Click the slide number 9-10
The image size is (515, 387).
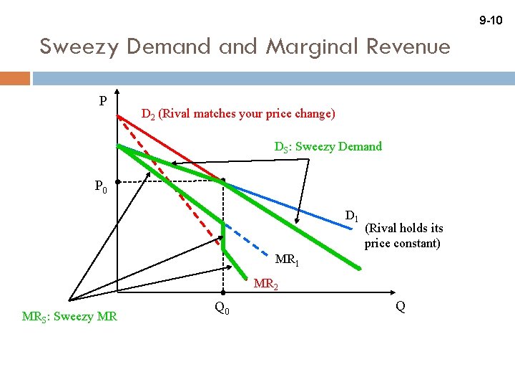click(x=491, y=21)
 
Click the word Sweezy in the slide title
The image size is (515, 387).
click(x=79, y=47)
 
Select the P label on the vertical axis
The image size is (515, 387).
click(x=103, y=101)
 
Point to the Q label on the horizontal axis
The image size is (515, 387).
click(x=401, y=307)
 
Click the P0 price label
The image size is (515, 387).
click(x=101, y=188)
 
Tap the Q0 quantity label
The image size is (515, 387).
click(x=222, y=308)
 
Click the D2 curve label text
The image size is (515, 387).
click(x=237, y=114)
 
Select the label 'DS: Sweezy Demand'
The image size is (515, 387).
click(x=328, y=147)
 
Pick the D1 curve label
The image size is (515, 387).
click(x=351, y=216)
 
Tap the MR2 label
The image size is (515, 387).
click(x=266, y=285)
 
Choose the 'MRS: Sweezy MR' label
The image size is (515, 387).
click(x=70, y=316)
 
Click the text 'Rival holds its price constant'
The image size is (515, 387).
click(x=403, y=236)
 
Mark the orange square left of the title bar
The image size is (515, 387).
click(x=15, y=77)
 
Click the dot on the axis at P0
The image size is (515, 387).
click(x=119, y=182)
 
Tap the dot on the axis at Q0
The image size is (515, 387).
click(x=222, y=294)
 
